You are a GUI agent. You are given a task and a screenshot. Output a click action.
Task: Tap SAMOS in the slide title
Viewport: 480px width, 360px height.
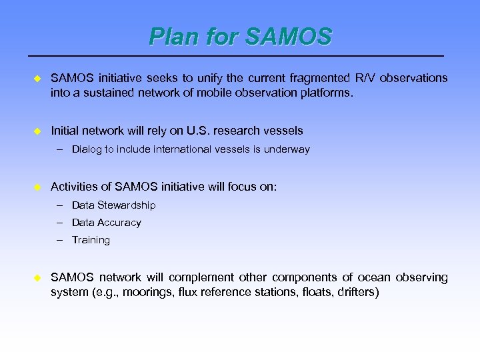click(x=288, y=37)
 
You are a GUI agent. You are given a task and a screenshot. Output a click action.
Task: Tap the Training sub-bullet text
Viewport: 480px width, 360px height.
click(x=91, y=240)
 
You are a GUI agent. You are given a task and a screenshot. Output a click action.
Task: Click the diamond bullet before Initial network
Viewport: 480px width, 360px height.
click(x=37, y=131)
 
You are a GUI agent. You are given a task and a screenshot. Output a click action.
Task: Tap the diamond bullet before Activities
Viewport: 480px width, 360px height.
click(x=37, y=187)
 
